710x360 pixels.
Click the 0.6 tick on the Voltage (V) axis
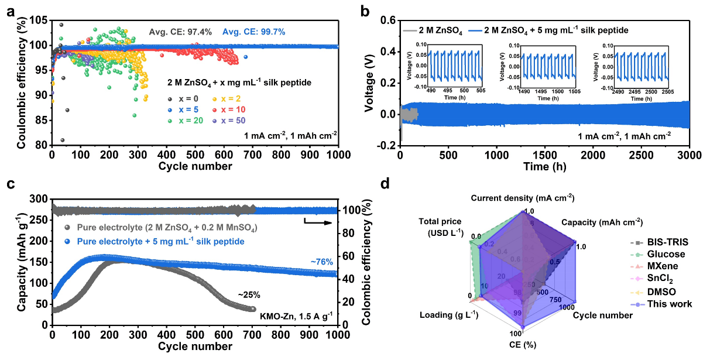tap(386, 21)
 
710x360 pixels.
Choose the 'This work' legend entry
tap(671, 304)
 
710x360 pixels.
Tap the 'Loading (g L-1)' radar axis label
tap(449, 315)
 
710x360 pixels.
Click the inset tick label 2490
tap(614, 92)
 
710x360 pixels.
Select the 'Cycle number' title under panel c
tap(194, 346)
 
